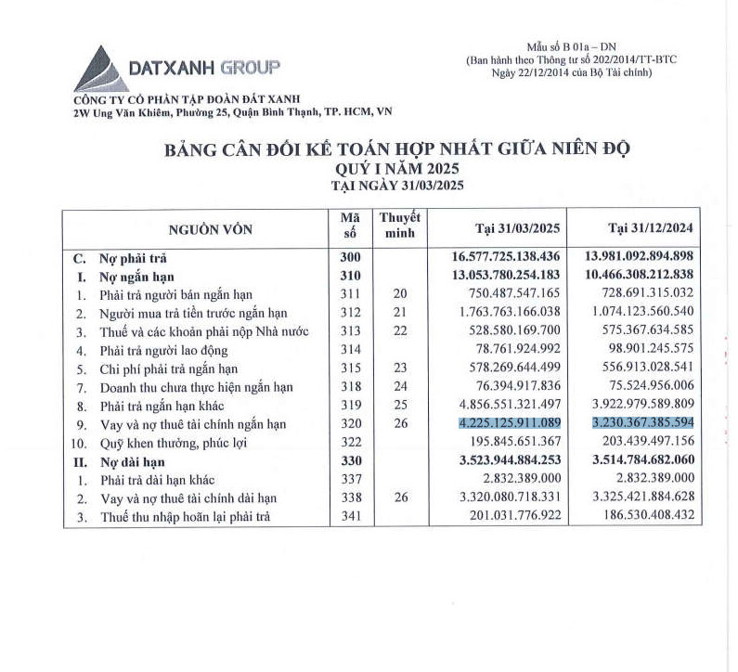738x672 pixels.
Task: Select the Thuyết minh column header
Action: coord(400,225)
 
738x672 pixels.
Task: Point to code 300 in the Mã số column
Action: coord(350,257)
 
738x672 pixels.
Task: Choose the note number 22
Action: coord(400,331)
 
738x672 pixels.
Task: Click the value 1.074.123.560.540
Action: coord(641,313)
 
